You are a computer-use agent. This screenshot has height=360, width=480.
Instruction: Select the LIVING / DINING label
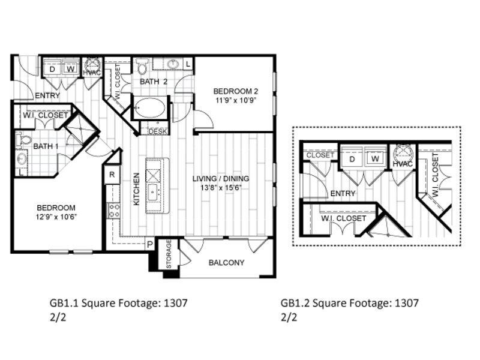coord(220,179)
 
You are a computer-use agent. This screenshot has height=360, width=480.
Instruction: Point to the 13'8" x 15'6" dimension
coord(220,188)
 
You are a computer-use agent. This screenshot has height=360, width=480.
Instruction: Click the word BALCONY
coord(227,262)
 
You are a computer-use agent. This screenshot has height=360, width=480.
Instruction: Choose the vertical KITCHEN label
coord(136,190)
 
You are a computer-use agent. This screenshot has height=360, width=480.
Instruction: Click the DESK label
coord(158,130)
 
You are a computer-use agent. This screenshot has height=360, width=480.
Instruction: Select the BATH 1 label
coord(46,146)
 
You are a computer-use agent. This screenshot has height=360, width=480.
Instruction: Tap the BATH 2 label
coord(153,81)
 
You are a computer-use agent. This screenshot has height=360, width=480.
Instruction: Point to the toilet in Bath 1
coord(23,140)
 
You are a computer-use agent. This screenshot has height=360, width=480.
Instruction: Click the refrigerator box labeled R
coord(112,175)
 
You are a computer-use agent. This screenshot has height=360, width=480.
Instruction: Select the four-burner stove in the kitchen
coord(113,209)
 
